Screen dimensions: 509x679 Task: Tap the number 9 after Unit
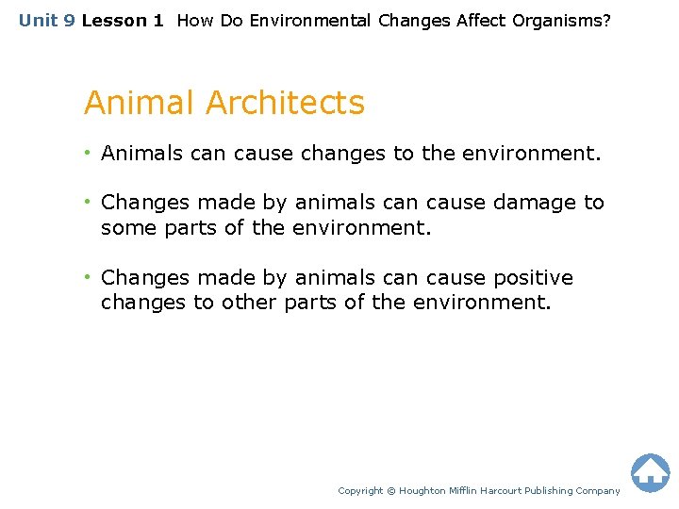[68, 20]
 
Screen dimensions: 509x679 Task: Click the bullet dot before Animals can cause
[88, 153]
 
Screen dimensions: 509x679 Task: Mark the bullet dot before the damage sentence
[88, 202]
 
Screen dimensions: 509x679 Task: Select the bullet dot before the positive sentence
[88, 277]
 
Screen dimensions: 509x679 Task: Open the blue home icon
[650, 473]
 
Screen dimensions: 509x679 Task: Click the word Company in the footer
[599, 491]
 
